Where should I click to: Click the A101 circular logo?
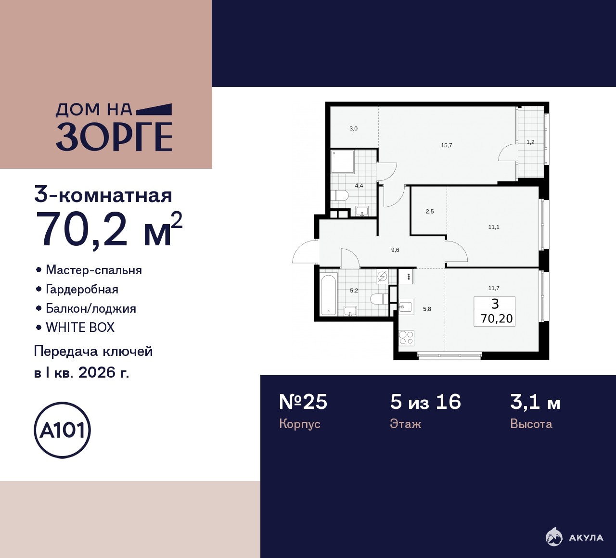63,430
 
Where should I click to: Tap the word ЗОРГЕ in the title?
114,137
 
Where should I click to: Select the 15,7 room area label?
447,145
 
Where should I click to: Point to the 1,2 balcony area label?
531,142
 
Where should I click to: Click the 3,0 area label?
353,128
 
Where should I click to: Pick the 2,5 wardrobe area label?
430,212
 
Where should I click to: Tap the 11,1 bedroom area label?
494,227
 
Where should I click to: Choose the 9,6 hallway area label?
395,250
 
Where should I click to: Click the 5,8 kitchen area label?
427,309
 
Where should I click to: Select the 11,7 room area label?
494,288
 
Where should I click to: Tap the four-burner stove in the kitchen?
407,338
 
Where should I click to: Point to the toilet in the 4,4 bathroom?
340,195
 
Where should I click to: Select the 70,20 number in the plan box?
497,318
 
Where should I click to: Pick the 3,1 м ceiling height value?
535,403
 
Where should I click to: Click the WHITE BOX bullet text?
80,328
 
